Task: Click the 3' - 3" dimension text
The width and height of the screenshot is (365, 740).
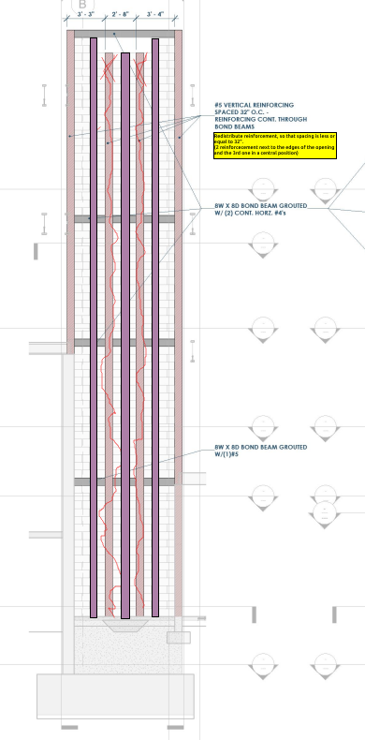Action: pos(86,15)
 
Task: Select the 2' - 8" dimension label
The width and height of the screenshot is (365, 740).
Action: pos(122,15)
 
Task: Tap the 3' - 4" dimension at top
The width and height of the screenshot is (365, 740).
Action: pos(156,15)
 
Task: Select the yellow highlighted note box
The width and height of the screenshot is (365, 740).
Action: pos(274,144)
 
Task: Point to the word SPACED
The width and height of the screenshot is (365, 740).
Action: pos(227,113)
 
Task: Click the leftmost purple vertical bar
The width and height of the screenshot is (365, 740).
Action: pos(94,328)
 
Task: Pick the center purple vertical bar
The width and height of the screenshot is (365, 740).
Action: pos(124,328)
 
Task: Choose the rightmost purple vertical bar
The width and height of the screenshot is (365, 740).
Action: pos(155,328)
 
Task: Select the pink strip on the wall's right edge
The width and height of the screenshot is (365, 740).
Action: pos(178,187)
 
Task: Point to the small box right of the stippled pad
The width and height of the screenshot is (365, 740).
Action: pos(178,637)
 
